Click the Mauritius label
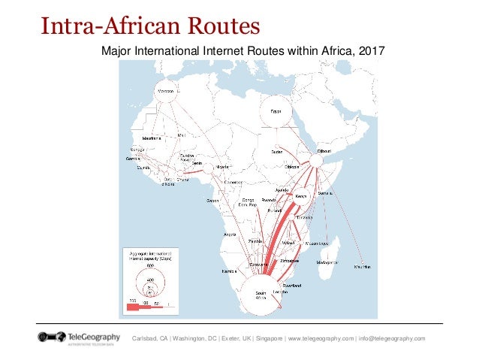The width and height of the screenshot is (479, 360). (x=364, y=267)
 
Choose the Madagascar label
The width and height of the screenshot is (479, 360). (x=327, y=262)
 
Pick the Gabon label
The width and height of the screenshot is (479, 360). (x=213, y=201)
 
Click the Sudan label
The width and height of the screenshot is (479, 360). (x=277, y=152)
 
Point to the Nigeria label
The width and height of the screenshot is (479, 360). (x=223, y=168)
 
